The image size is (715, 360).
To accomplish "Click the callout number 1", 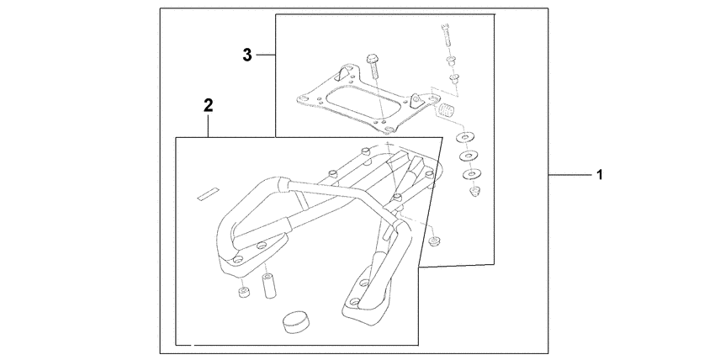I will [x=599, y=175].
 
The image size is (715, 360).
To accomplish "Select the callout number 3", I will [x=247, y=56].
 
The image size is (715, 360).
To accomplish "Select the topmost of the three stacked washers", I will [x=463, y=137].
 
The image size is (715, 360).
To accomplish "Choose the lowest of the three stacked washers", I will [x=469, y=174].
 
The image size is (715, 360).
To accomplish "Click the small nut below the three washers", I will [x=474, y=193].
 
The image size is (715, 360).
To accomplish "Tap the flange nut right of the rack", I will [x=433, y=242].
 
